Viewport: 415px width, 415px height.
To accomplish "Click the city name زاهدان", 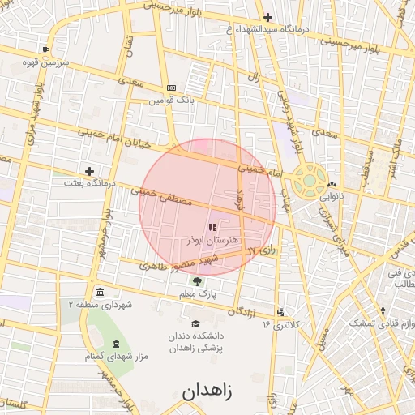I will point(207,391).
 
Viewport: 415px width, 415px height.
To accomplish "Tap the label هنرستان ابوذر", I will point(212,241).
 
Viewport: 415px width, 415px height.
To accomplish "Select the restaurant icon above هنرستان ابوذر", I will point(212,228).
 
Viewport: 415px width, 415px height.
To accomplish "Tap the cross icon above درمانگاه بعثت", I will point(89,171).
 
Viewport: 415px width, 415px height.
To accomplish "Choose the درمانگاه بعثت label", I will point(90,184).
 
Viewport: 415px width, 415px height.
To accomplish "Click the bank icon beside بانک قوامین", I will point(171,88).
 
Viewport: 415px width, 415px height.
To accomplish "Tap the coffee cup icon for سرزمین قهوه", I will point(45,49).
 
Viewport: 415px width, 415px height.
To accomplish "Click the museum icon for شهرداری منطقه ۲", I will point(99,292).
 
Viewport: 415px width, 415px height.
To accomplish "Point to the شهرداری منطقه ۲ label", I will point(99,305).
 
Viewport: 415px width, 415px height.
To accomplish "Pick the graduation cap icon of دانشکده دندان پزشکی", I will point(195,323).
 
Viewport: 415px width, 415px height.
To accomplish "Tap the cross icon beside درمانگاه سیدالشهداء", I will point(267,17).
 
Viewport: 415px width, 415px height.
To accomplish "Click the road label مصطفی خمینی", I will point(163,194).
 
